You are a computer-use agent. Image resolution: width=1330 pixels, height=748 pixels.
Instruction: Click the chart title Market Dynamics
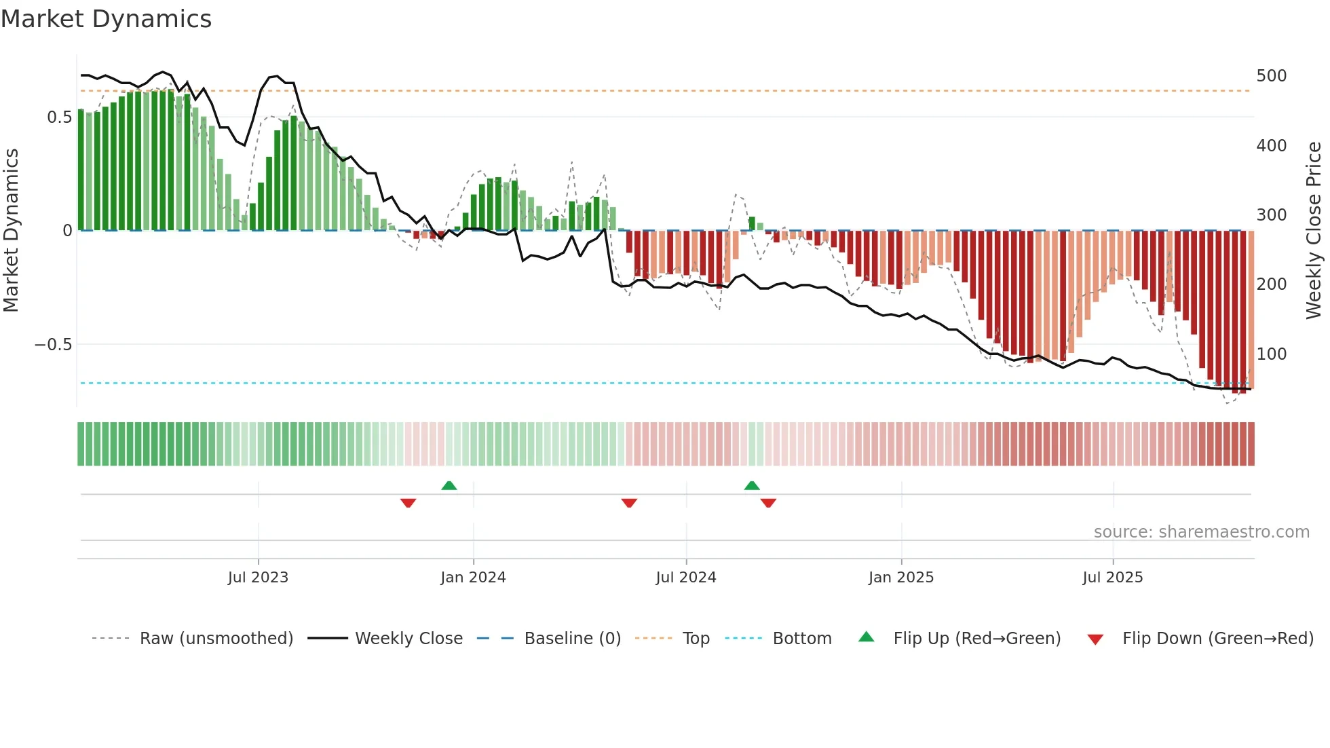(106, 19)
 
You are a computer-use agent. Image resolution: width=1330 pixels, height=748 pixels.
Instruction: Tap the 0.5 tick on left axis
(59, 117)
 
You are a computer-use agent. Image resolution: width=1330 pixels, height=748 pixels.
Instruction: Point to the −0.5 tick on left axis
(54, 345)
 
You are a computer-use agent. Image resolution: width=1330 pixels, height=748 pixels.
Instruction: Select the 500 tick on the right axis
(1271, 76)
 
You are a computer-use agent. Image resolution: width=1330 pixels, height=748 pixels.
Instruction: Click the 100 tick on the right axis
(1271, 354)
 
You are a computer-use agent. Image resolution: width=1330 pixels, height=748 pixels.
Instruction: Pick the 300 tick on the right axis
(1271, 215)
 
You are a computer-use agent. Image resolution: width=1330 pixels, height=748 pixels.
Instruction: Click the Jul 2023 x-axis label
(258, 578)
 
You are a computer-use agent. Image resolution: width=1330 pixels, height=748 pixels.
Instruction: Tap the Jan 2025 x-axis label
(900, 578)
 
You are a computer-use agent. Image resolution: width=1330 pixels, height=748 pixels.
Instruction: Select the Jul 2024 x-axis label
(685, 578)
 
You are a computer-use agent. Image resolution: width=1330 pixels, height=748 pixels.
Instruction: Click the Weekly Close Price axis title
(1314, 231)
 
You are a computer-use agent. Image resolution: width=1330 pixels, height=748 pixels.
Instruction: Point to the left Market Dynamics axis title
(11, 231)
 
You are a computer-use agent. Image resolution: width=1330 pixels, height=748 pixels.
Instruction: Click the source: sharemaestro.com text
(1201, 532)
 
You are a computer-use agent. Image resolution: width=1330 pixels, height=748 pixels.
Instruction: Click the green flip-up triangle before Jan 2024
(449, 485)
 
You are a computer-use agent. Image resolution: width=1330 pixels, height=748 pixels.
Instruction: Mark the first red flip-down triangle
(408, 503)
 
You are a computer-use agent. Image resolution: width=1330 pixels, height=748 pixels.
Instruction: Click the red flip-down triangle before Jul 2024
(629, 503)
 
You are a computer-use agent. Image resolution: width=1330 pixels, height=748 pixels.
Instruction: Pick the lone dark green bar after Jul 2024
(752, 223)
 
